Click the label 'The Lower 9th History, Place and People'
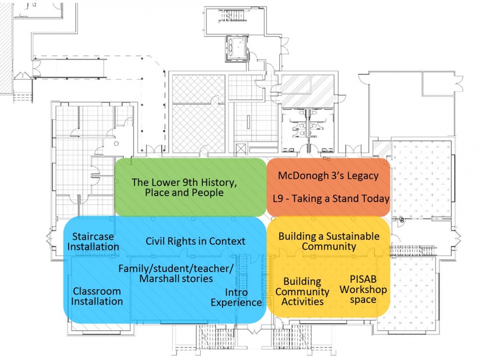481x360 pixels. pos(184,187)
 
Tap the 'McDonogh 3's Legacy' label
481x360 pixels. pos(328,176)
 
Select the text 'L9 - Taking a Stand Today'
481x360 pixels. pos(331,199)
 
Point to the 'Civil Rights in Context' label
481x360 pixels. pos(195,241)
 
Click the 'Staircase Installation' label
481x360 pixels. pos(93,242)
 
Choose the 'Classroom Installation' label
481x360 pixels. pos(97,296)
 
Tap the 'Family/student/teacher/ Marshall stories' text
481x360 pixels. pos(176,274)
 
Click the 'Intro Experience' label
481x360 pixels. pos(236,297)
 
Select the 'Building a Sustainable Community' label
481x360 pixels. pos(329,241)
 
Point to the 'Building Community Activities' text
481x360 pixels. pos(302,292)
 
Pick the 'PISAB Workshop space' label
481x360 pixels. pos(363,289)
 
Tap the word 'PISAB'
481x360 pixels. pos(363,279)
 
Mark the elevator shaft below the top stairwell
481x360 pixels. pos(236,48)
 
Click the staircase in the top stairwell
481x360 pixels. pos(233,15)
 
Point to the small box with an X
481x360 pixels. pos(241,149)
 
